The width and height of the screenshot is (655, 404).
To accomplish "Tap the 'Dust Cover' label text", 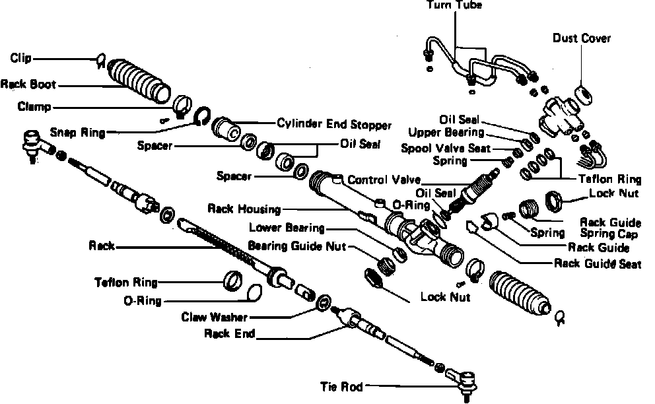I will pos(582,38).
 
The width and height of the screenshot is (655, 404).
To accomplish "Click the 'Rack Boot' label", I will pos(28,84).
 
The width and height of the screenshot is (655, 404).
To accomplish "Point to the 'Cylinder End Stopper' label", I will pos(334,123).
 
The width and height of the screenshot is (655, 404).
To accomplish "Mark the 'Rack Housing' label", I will pos(244,209).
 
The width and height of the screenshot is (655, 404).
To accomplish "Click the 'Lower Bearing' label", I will pos(287,228).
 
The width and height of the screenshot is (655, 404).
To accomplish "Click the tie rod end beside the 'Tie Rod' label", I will pos(466,381).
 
